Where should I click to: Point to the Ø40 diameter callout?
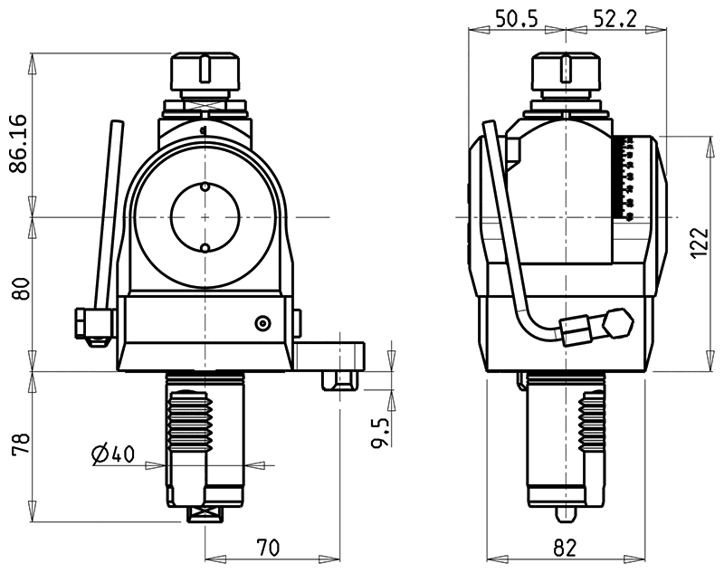pos(114,454)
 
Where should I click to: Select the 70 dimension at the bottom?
pos(268,547)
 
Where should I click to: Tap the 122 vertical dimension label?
pos(697,243)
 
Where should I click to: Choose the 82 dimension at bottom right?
pos(566,547)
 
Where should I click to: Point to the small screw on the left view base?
pos(262,323)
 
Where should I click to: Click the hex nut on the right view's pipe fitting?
pos(618,320)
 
